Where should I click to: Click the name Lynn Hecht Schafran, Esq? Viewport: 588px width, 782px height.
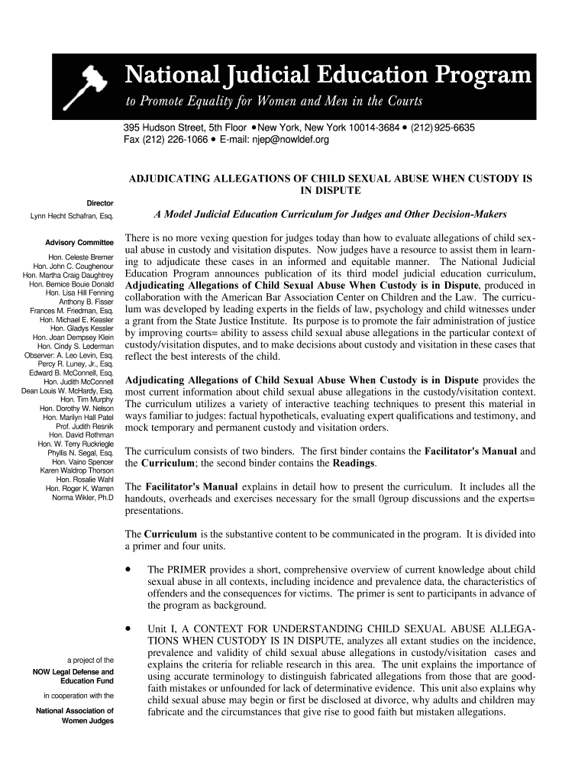coord(72,218)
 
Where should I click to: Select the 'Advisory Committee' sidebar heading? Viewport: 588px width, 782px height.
coord(79,244)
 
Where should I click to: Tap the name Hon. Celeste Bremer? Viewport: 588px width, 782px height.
coord(81,257)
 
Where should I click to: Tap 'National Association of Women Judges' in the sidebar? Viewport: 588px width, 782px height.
coord(75,716)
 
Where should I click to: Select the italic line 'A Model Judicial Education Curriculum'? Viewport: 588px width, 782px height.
coord(329,215)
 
